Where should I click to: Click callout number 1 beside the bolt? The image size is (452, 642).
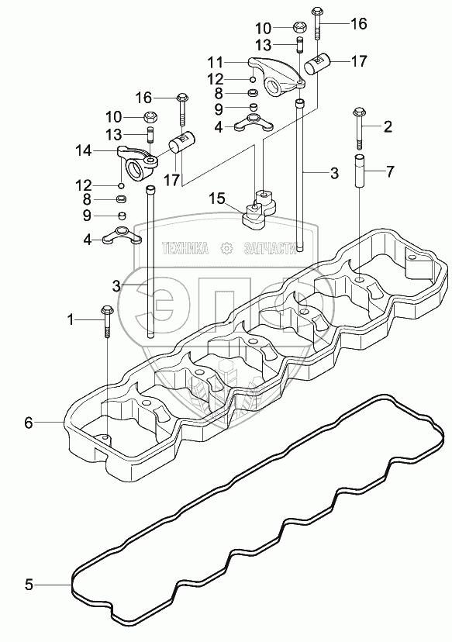pyautogui.click(x=71, y=319)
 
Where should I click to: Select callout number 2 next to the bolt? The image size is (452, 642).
pyautogui.click(x=388, y=126)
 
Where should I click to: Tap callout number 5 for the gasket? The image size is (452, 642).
pyautogui.click(x=29, y=585)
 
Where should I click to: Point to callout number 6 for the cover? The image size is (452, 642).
pyautogui.click(x=28, y=423)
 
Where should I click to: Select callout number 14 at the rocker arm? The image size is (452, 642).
pyautogui.click(x=83, y=150)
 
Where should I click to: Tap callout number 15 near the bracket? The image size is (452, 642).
pyautogui.click(x=217, y=198)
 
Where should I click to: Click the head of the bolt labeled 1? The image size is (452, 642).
pyautogui.click(x=106, y=309)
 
